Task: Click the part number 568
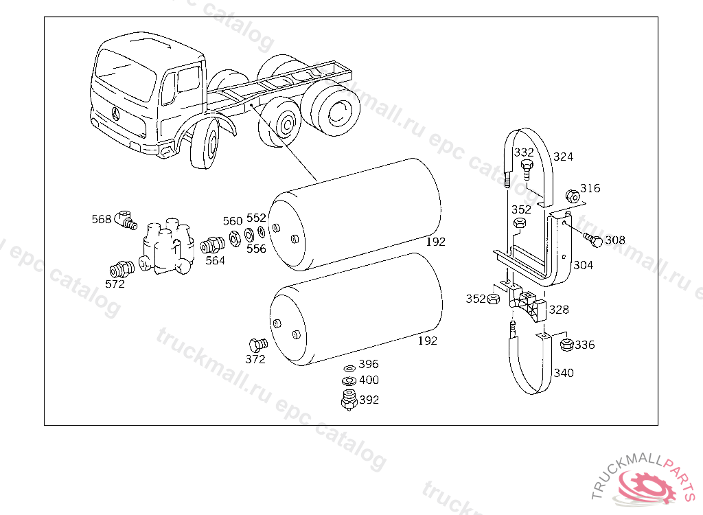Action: (x=101, y=219)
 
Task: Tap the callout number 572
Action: (x=115, y=284)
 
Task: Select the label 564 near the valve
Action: (x=215, y=260)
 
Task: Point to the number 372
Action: (x=255, y=358)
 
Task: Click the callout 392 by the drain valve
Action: (x=369, y=400)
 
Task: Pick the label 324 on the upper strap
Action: (x=563, y=157)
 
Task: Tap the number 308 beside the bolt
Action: (x=615, y=240)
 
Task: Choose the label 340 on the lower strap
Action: (x=564, y=373)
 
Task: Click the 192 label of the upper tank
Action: (x=435, y=242)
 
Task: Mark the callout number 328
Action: (x=559, y=310)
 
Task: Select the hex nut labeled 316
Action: (x=571, y=195)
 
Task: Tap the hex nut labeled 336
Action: (x=566, y=345)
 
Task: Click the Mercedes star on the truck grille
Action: (x=114, y=114)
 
